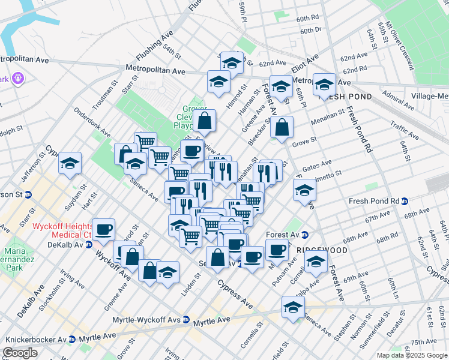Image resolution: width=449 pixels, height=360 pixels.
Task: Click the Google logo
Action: [x=20, y=353]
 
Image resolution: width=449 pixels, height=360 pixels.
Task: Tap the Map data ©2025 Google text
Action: [x=411, y=355]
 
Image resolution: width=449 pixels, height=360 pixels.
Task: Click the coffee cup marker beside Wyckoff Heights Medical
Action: [x=103, y=229]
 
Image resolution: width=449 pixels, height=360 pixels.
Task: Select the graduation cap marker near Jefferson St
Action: [x=70, y=163]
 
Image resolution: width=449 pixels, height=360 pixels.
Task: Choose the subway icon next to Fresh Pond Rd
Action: [x=405, y=201]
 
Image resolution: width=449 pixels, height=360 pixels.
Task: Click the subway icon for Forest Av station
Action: [x=304, y=235]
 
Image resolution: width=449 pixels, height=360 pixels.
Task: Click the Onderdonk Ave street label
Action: [x=92, y=123]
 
